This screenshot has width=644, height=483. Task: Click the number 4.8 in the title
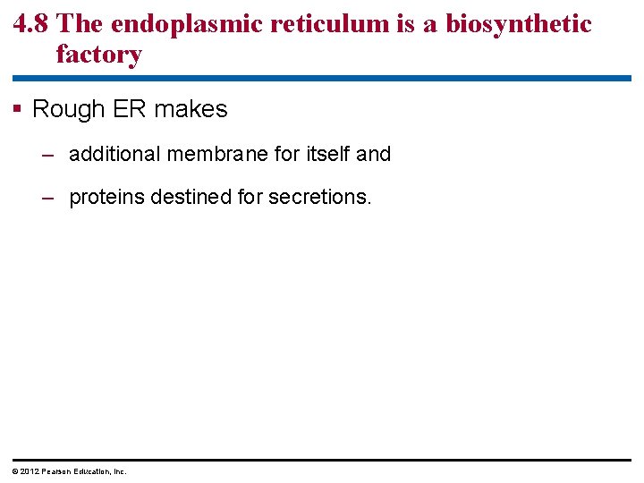coord(34,23)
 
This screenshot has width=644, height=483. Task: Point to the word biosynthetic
coord(519,23)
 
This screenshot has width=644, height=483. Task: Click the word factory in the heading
coord(98,55)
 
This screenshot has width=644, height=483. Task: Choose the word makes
coord(191,109)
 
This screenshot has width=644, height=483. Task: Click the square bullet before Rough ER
coord(17,109)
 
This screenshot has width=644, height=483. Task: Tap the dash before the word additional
coord(49,155)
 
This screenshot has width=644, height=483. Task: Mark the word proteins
coord(106,197)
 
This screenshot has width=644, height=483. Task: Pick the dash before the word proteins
coord(49,198)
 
